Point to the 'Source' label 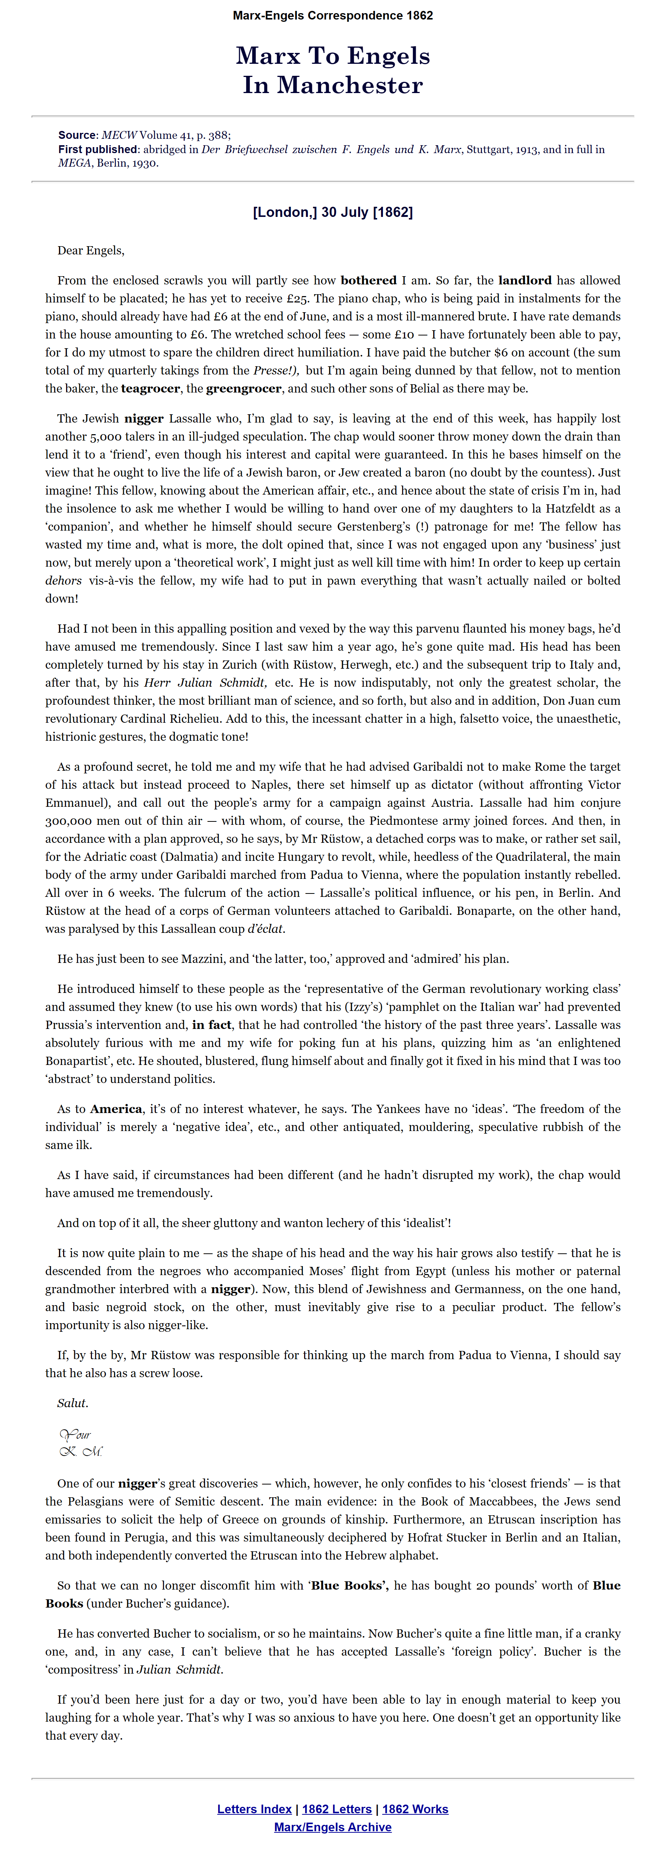77,135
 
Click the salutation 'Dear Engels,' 91,251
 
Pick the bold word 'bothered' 368,280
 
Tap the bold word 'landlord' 525,280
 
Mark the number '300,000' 71,821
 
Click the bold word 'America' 116,1109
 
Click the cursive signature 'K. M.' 81,1451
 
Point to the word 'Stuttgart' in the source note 489,149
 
